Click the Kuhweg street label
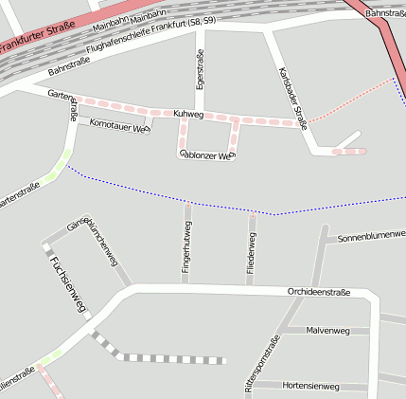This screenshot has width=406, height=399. pyautogui.click(x=188, y=114)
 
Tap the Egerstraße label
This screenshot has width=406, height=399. pyautogui.click(x=200, y=71)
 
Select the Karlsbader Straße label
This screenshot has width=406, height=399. pyautogui.click(x=292, y=97)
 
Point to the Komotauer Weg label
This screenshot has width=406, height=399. pyautogui.click(x=119, y=124)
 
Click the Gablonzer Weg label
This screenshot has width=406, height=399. pyautogui.click(x=205, y=154)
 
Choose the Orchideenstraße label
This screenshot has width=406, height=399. pyautogui.click(x=318, y=293)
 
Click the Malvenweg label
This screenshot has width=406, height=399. pyautogui.click(x=328, y=331)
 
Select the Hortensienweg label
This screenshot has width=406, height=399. pyautogui.click(x=310, y=386)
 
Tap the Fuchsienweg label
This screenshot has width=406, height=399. pyautogui.click(x=68, y=283)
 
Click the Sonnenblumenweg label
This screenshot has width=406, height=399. pyautogui.click(x=371, y=233)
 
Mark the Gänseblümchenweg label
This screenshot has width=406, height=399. pyautogui.click(x=92, y=241)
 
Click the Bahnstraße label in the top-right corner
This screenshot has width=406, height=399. pyautogui.click(x=384, y=13)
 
